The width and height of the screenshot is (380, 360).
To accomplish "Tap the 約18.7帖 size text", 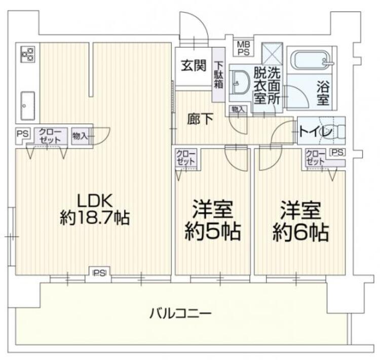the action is pos(95,218).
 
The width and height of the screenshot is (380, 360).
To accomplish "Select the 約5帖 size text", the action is pos(212,232).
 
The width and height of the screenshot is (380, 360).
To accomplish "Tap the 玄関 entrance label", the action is pos(194,65).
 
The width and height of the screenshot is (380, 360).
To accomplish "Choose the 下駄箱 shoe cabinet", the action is pos(218,75).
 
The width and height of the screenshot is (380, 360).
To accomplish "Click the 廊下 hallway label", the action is pos(201,119).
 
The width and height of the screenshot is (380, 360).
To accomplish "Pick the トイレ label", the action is pos(316,132).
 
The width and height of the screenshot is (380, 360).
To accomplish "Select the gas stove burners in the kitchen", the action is pos(28,54).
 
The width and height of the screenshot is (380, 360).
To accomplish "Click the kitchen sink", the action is pos(27,106).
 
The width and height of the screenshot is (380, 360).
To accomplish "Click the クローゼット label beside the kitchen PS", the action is pos(50,136).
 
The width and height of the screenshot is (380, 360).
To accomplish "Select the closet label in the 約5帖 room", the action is pos(186,158).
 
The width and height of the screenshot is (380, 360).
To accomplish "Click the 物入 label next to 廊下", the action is pos(238,109).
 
